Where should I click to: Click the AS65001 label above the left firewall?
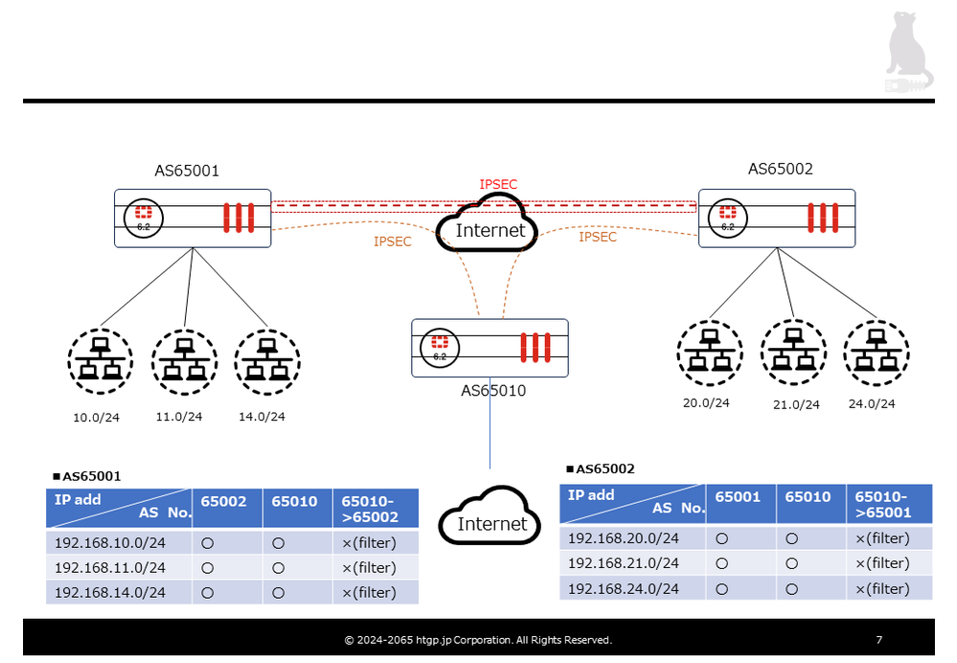[187, 171]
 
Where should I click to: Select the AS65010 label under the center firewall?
[493, 390]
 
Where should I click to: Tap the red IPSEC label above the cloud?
[498, 184]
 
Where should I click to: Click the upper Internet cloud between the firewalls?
[490, 226]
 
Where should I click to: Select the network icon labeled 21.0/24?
[793, 352]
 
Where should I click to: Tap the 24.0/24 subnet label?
[872, 403]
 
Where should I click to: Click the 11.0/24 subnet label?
[179, 417]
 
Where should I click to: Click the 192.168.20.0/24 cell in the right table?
[624, 538]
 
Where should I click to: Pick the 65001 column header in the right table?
[738, 496]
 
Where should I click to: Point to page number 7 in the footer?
[878, 640]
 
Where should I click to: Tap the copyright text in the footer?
[478, 640]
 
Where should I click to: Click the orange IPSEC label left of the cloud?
[393, 241]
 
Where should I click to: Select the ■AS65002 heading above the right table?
[600, 469]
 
